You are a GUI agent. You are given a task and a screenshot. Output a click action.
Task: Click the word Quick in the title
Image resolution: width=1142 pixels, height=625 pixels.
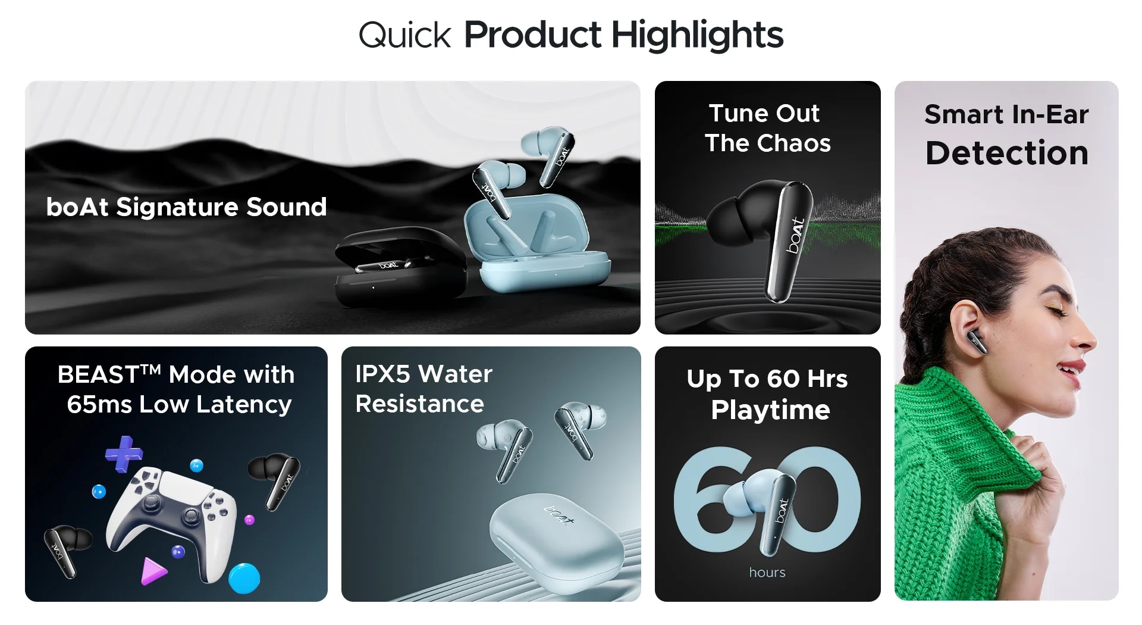tap(405, 36)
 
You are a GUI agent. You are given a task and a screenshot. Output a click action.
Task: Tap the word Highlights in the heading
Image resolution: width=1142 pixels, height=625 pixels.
tap(697, 36)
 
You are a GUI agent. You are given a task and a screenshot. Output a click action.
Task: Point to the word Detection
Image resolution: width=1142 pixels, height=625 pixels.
tap(1006, 153)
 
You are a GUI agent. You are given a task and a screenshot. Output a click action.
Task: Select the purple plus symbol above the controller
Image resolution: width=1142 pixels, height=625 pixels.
tap(124, 454)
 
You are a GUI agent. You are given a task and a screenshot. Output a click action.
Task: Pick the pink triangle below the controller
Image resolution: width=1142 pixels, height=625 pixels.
tap(153, 571)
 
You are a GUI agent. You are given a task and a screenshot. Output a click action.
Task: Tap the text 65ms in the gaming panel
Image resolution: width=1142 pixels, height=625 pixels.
tap(99, 405)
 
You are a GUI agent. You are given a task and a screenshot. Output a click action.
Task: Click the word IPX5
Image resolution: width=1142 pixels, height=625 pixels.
tap(382, 374)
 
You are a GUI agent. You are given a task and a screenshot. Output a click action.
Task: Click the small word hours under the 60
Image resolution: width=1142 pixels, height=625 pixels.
tap(767, 573)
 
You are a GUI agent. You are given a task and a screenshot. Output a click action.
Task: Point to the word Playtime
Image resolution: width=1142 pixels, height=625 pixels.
tap(770, 410)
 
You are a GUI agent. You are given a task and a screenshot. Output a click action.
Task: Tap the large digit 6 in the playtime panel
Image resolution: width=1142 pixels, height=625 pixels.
tap(705, 500)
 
